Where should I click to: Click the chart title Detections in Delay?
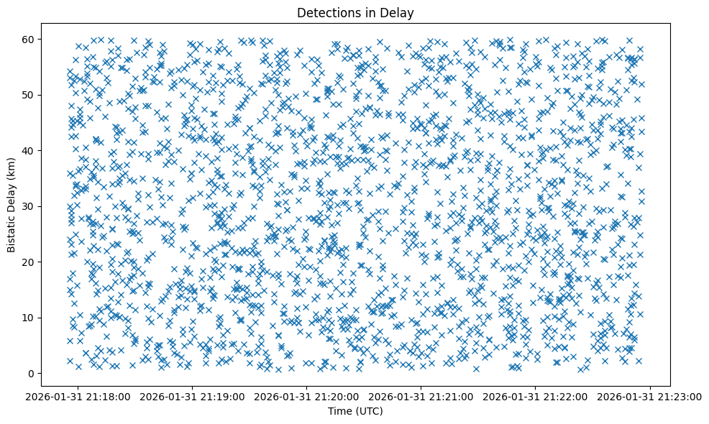click(x=355, y=12)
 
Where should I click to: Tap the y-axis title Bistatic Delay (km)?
click(x=12, y=206)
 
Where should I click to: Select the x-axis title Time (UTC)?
click(x=355, y=411)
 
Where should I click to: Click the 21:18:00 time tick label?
click(x=79, y=396)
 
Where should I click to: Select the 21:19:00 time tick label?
click(x=193, y=396)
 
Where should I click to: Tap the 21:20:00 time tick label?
click(x=308, y=396)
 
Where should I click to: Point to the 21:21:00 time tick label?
click(x=422, y=396)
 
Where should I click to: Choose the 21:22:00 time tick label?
click(x=536, y=396)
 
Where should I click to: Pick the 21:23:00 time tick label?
click(x=651, y=396)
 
